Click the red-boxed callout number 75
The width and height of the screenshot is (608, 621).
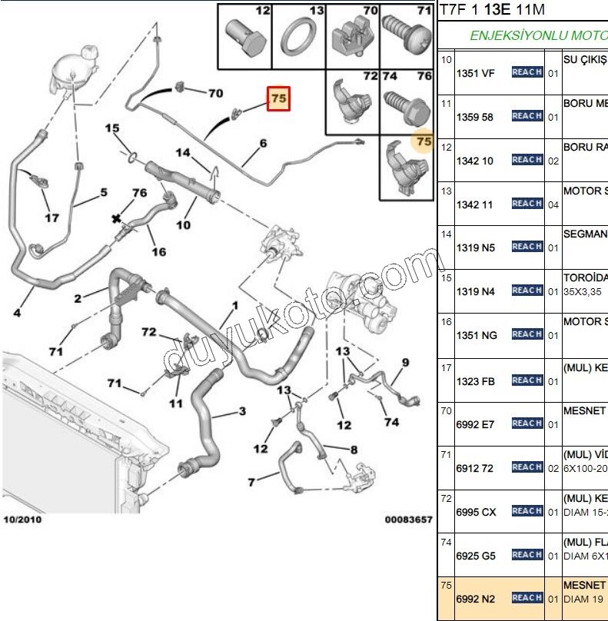pos(278,98)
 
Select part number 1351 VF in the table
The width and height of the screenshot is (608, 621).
pos(475,73)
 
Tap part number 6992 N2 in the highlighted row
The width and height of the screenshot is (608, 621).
pos(475,598)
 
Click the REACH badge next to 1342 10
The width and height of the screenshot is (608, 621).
pos(527,160)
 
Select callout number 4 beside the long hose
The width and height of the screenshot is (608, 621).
pos(17,312)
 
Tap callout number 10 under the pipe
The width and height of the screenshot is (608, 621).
pos(184,225)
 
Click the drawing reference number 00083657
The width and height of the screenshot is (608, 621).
pos(408,520)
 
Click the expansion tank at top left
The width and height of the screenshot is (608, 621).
pos(70,73)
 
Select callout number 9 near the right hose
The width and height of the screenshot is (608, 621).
pos(405,362)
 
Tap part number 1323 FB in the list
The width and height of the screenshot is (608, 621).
pos(475,381)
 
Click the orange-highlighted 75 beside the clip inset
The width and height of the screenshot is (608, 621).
pos(423,141)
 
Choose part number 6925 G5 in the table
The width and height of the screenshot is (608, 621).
pos(475,555)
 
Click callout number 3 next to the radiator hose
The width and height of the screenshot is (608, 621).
pos(242,411)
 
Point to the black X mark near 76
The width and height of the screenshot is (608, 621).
pos(117,219)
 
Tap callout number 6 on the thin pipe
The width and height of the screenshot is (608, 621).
pos(263,143)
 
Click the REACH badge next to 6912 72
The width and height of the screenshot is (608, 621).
pos(527,467)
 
